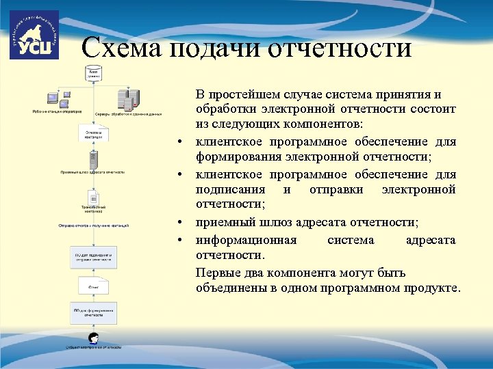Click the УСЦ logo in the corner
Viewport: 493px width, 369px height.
(34, 35)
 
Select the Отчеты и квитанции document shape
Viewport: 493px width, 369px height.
(93, 133)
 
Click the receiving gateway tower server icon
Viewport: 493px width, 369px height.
(93, 161)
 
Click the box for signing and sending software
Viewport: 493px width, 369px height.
(93, 258)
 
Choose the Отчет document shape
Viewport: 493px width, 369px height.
(93, 286)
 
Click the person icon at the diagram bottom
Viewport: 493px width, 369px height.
(93, 338)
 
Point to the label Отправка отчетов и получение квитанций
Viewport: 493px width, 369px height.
(93, 224)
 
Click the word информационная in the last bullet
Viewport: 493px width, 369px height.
(246, 240)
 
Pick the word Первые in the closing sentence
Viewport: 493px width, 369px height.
(216, 272)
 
